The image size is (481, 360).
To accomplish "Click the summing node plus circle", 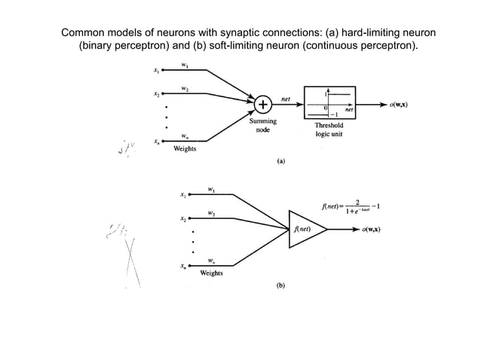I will tap(264, 104).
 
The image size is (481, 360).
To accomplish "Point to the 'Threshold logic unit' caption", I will tap(330, 130).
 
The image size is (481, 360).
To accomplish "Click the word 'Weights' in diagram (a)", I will tap(185, 149).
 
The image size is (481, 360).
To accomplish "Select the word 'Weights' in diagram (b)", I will tap(211, 273).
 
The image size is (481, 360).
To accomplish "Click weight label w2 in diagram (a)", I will tap(185, 89).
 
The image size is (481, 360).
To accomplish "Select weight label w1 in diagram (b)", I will tap(212, 189).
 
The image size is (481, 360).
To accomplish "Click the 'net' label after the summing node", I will tap(286, 99).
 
